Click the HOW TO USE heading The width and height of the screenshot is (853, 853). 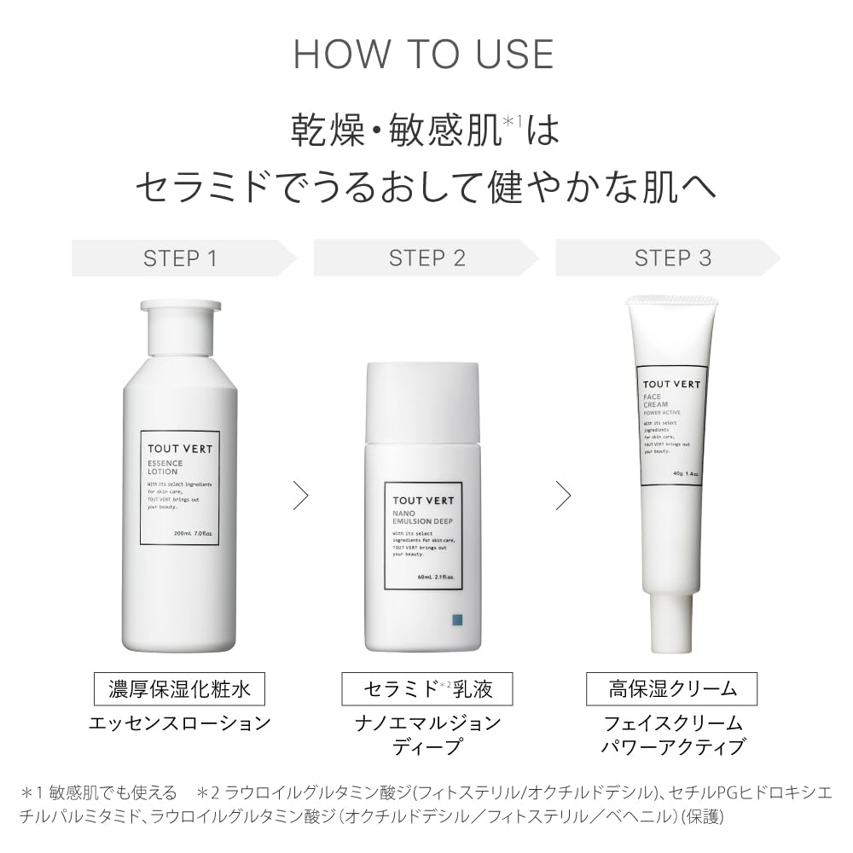(x=424, y=54)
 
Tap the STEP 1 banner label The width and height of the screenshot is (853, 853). (x=180, y=258)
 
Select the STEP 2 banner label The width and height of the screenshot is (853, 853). (x=426, y=258)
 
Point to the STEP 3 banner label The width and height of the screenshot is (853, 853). (x=672, y=258)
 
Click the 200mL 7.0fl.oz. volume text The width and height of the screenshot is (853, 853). (x=193, y=533)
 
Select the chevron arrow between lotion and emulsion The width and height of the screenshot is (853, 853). (x=300, y=495)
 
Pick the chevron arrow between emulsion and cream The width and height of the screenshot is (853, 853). (x=563, y=495)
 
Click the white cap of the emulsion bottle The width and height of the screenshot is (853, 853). (x=421, y=401)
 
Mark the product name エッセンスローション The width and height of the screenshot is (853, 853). (x=180, y=723)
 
